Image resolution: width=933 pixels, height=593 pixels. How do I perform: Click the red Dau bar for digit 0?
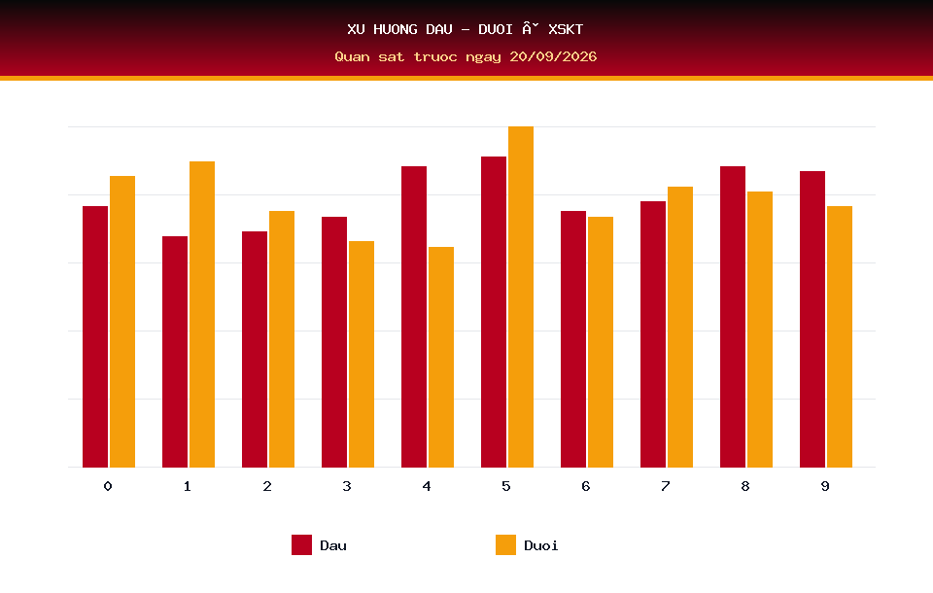coord(95,336)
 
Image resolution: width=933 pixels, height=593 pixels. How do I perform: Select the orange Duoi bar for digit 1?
coord(202,314)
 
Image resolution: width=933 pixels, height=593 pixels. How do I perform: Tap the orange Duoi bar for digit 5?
coord(521,296)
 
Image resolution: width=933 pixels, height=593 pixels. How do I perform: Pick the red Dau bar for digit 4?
coord(414,317)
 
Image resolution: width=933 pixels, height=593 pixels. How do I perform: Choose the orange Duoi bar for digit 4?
coord(441,357)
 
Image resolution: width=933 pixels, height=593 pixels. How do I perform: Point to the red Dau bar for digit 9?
coord(812,319)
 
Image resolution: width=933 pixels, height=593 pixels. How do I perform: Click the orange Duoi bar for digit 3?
coord(362,354)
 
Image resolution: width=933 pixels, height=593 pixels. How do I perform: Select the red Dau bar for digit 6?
coord(573,339)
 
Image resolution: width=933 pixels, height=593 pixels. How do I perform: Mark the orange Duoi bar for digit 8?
coord(760,330)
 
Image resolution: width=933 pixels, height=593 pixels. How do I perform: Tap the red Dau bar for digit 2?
coord(255,350)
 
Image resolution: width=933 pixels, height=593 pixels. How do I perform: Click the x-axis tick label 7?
coord(665,486)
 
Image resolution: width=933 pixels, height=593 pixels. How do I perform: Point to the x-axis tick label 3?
coord(347,486)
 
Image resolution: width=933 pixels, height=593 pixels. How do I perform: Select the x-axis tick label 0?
coord(108,486)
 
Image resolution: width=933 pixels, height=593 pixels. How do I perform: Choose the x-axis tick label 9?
coord(825,486)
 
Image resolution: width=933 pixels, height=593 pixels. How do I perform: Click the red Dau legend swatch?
coord(301,544)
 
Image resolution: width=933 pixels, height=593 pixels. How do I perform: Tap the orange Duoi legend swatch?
coord(505,544)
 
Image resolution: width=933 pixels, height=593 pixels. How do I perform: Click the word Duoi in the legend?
coord(541,545)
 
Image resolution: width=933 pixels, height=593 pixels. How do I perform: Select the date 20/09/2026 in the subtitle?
coord(553,56)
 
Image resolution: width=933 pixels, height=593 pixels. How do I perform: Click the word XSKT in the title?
coord(566,29)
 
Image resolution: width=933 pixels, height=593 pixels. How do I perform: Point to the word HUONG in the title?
coord(396,29)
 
